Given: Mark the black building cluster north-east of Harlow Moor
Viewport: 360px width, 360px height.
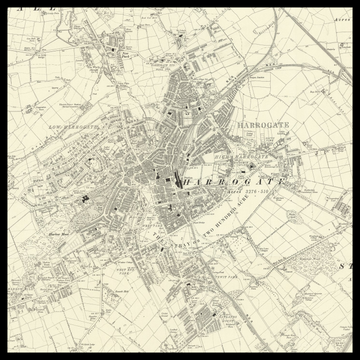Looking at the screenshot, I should [86, 198].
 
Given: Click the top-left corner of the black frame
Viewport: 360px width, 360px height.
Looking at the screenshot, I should [3, 3].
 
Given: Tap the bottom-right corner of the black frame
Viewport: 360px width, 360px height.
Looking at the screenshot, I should [356, 356].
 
